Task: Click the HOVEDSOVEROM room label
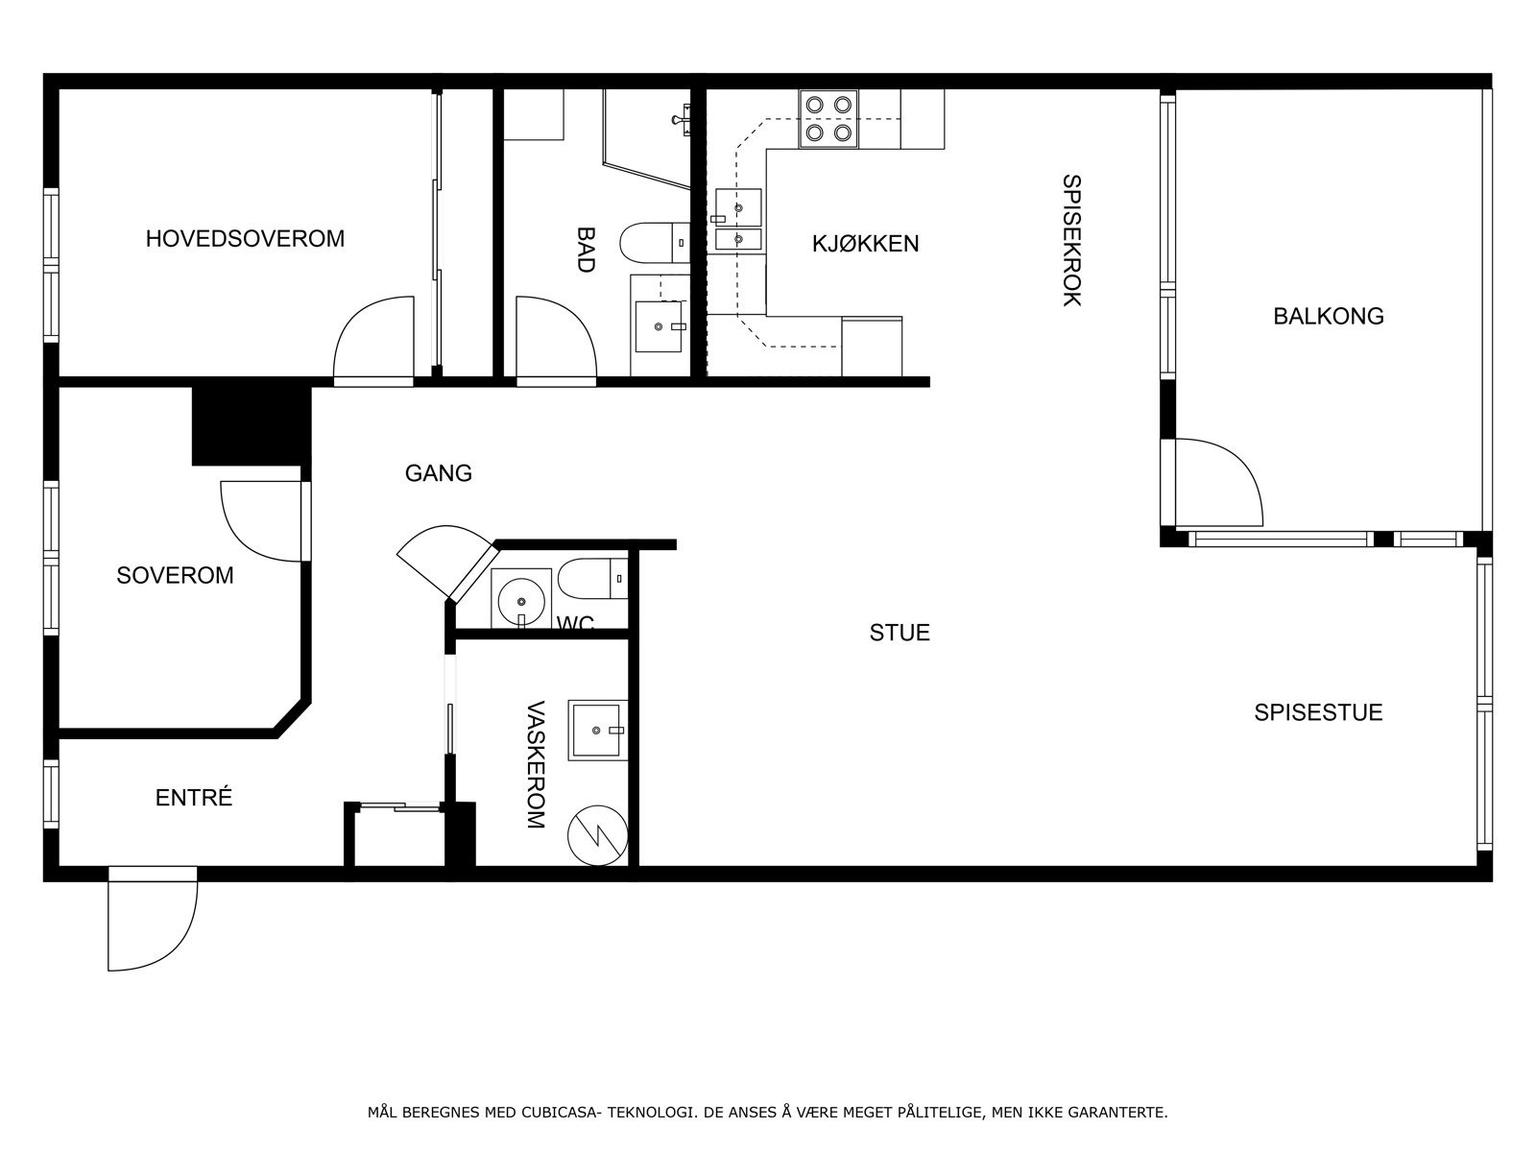tap(245, 238)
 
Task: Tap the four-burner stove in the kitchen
tap(828, 118)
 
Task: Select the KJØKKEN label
tap(866, 244)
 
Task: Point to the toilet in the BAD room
tap(655, 243)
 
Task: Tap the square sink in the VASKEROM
tap(597, 731)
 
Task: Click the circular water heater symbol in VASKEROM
tap(598, 835)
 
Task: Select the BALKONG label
tap(1329, 316)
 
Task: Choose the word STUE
tap(900, 633)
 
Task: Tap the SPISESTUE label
tap(1318, 712)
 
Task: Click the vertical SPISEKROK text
tap(1071, 240)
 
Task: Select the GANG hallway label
tap(439, 473)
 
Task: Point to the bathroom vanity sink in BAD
tap(659, 326)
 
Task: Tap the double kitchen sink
tap(738, 220)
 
